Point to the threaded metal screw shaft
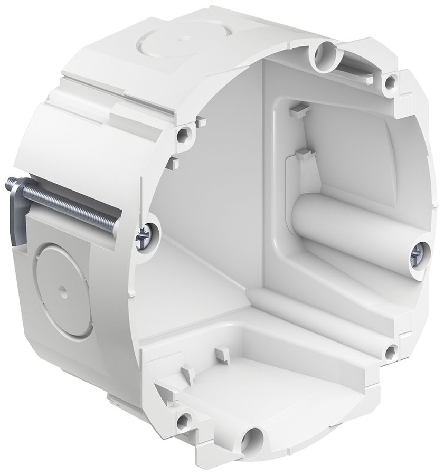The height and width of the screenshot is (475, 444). tap(79, 206)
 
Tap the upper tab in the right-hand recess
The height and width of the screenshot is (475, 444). tap(298, 109)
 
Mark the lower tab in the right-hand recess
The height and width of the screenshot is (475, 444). tap(304, 154)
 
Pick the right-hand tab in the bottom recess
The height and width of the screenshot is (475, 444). tap(221, 352)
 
